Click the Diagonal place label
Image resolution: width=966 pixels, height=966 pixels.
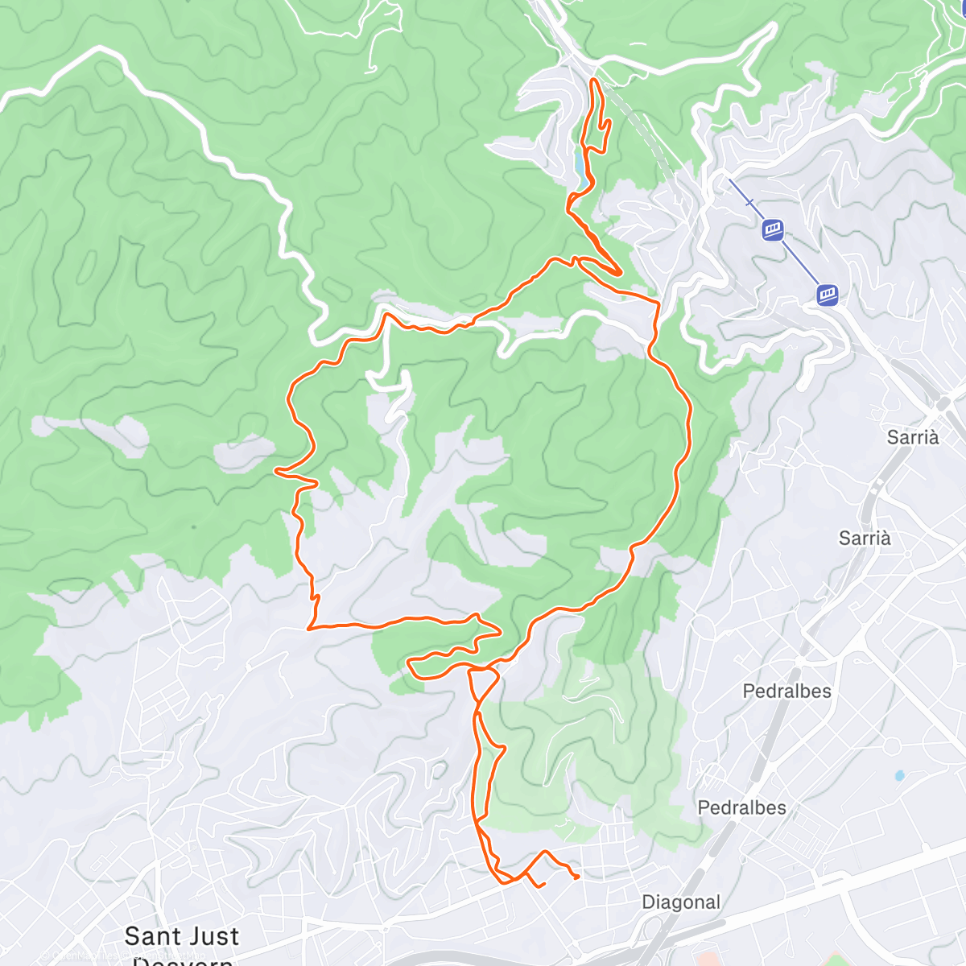click(x=681, y=902)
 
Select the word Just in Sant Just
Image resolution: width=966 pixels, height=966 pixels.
click(x=211, y=936)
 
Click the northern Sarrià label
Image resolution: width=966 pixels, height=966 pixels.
click(x=913, y=437)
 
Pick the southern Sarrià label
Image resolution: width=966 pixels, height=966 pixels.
click(x=865, y=539)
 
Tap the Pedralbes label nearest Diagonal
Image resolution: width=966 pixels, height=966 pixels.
click(x=741, y=807)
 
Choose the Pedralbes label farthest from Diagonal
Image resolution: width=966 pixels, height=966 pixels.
click(x=786, y=691)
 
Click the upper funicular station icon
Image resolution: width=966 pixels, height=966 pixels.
click(x=773, y=230)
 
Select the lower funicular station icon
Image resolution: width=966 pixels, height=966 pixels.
click(x=828, y=295)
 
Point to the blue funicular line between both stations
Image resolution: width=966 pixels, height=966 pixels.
click(x=800, y=262)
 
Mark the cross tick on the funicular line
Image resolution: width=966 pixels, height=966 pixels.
click(x=750, y=203)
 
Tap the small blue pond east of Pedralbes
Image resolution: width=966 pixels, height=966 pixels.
click(x=899, y=776)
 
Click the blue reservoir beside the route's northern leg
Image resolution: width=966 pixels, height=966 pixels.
click(x=580, y=167)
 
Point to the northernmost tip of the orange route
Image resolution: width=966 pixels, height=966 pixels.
click(x=594, y=80)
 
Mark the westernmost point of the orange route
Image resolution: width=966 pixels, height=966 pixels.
click(x=276, y=470)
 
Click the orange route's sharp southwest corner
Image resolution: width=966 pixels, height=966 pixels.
click(x=309, y=627)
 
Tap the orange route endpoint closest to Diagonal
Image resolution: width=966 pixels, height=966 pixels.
click(x=577, y=877)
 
